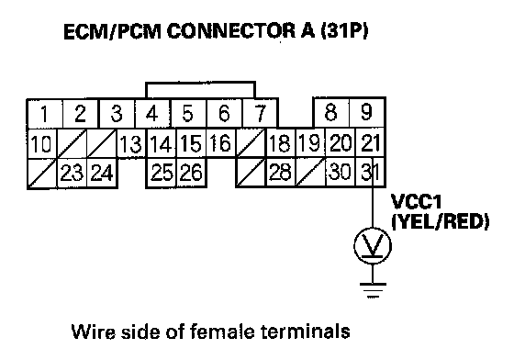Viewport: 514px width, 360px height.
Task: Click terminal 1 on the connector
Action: (45, 114)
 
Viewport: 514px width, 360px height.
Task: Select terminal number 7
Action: (260, 113)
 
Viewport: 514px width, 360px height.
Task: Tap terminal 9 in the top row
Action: (367, 112)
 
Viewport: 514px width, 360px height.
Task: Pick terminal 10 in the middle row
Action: (42, 144)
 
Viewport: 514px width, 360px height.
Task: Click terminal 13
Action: (131, 144)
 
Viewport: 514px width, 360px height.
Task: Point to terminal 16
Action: (221, 143)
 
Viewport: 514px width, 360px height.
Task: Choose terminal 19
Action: (310, 143)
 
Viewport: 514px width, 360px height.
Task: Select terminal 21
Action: (371, 143)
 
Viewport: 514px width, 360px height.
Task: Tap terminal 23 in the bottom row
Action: (73, 173)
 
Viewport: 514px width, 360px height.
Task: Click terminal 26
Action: (192, 172)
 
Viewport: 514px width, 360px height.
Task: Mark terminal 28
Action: (281, 172)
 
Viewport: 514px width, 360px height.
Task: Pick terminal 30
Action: (341, 172)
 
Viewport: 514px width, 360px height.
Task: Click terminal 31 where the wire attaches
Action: (371, 172)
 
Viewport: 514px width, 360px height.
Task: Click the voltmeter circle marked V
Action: (373, 245)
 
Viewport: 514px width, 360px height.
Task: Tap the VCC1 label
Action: (417, 202)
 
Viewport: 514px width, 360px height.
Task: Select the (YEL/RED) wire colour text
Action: (441, 222)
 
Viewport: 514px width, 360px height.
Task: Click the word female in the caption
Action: (222, 332)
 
